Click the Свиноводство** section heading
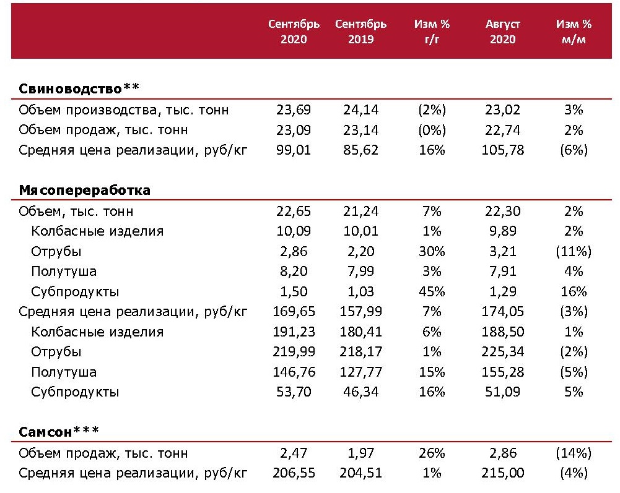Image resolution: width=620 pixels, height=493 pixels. point(79,88)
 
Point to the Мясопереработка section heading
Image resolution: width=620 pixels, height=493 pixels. point(84,191)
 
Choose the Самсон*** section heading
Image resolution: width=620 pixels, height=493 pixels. point(59,431)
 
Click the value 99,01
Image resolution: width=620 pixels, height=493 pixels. point(294,150)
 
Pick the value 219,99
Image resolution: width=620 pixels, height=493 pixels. point(294,352)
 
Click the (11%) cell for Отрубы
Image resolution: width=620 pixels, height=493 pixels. point(574,252)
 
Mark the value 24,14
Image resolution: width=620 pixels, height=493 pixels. point(360,110)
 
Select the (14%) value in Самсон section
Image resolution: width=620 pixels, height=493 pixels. point(574,453)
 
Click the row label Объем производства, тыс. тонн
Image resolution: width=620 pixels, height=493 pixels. point(124,110)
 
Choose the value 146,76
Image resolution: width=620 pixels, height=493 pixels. point(294,372)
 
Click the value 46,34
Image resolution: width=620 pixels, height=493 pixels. point(360,392)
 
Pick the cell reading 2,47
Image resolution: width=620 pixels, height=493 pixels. point(294,453)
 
